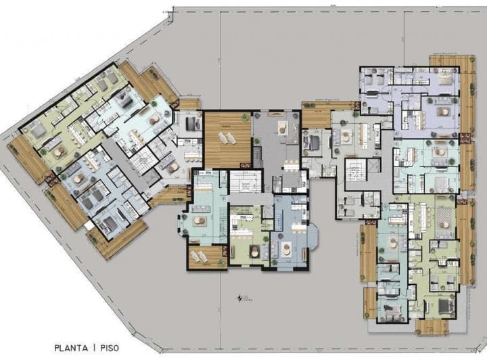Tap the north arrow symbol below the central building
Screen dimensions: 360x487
click(x=239, y=297)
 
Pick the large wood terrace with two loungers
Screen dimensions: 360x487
click(x=227, y=139)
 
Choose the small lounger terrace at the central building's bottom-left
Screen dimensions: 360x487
click(x=206, y=257)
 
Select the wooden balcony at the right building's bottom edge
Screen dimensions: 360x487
click(x=432, y=327)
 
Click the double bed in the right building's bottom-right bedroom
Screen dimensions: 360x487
click(x=446, y=307)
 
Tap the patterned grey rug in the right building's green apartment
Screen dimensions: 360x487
click(x=444, y=221)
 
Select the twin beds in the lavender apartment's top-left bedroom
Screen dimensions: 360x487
click(x=373, y=83)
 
